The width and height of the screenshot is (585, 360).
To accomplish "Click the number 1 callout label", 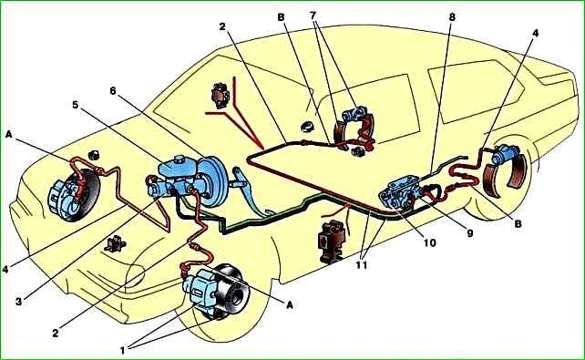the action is pos(122,350).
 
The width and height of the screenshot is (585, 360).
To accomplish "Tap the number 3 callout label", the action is pos(18,302).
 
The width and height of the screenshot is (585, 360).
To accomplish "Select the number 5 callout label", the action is pos(75,105).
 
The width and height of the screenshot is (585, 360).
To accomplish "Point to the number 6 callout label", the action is pos(113,90).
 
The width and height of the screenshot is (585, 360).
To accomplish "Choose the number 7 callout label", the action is pos(313,15).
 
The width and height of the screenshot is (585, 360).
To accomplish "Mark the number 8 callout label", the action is pos(452,16).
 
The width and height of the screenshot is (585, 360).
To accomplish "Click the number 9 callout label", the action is pos(469,232).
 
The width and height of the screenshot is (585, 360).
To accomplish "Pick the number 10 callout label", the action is pos(429,242).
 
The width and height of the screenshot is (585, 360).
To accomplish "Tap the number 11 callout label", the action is pos(361,265).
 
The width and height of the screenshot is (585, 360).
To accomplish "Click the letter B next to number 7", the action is pos(281,16).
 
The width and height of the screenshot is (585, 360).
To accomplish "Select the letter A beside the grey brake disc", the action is pos(290,304).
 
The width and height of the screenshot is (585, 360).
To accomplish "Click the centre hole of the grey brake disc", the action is pos(238,296).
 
